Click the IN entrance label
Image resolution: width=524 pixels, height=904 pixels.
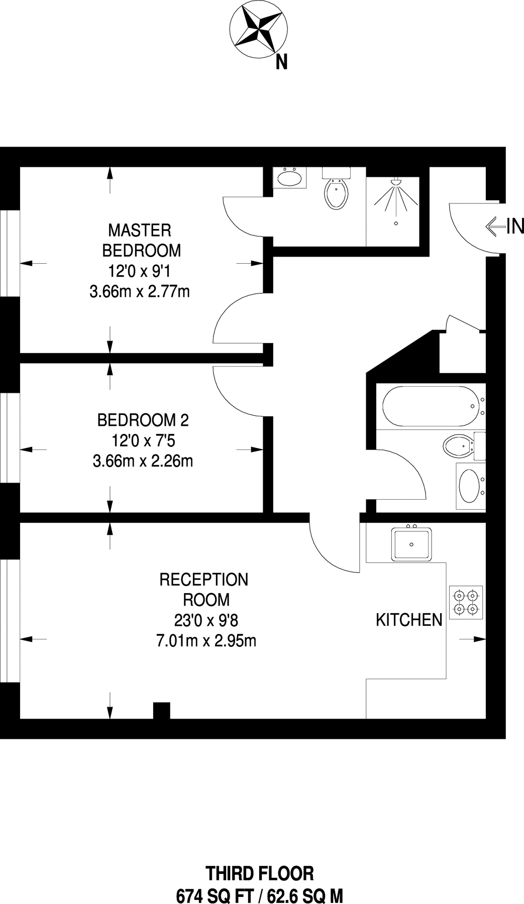click(515, 227)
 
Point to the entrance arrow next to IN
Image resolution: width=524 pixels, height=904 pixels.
click(495, 227)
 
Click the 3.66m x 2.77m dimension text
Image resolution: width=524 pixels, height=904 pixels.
click(139, 291)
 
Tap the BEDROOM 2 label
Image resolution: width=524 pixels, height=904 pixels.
click(143, 420)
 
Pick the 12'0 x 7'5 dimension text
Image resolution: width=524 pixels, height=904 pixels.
click(143, 441)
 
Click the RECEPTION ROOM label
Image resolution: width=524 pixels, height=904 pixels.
click(204, 589)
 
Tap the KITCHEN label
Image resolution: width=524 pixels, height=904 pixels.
click(409, 620)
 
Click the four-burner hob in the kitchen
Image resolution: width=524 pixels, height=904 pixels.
click(465, 602)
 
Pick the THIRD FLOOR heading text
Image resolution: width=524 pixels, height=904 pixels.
click(260, 873)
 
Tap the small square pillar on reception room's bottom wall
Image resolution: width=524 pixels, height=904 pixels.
click(161, 710)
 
